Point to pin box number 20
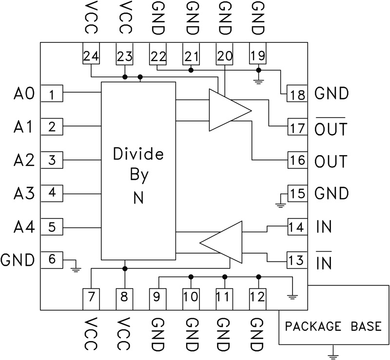225,57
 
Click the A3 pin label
23,194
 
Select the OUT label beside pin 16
331,161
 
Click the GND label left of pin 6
18,260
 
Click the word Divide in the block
138,155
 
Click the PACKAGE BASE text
333,326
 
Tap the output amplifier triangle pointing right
227,110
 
